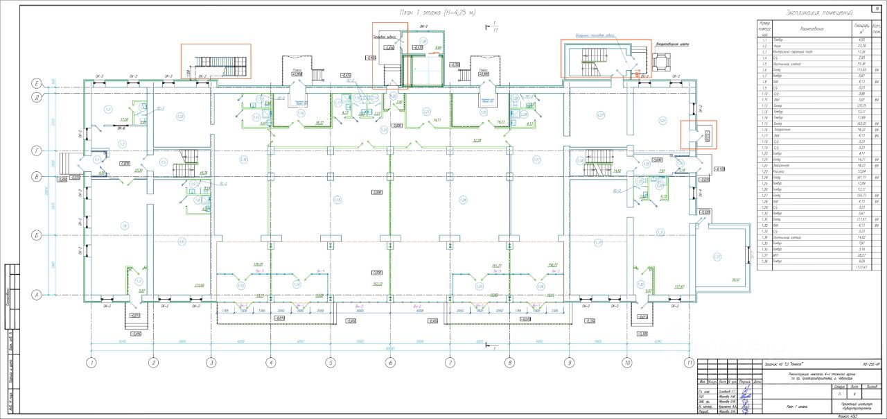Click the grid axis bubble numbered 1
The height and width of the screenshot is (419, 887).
90,362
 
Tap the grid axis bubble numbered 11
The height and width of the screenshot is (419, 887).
689,362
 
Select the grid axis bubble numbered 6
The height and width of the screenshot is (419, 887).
390,362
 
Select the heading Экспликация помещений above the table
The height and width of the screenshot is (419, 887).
819,13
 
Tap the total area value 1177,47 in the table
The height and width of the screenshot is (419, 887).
862,266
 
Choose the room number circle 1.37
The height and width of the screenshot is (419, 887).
719,257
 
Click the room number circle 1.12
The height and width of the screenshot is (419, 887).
180,116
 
